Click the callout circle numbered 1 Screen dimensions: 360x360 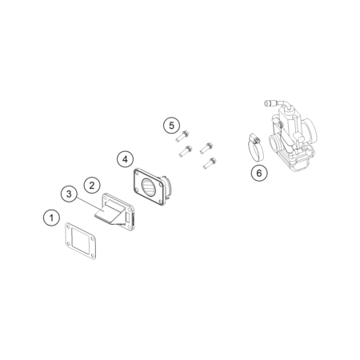pyautogui.click(x=51, y=218)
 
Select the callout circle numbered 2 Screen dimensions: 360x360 pyautogui.click(x=92, y=185)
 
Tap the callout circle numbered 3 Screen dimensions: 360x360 pyautogui.click(x=69, y=194)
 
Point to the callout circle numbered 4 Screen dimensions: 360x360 pyautogui.click(x=125, y=159)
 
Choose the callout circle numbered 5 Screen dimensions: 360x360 pyautogui.click(x=171, y=125)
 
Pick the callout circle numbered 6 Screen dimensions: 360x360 pyautogui.click(x=259, y=173)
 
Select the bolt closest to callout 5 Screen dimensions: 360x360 pyautogui.click(x=182, y=136)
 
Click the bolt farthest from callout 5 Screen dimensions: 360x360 pyautogui.click(x=210, y=163)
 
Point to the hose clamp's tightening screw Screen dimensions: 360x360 pyautogui.click(x=254, y=138)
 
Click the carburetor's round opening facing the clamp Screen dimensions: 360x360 pyautogui.click(x=274, y=142)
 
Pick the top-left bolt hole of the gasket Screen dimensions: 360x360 pyautogui.click(x=68, y=227)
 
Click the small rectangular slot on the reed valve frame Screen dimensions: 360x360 pyautogui.click(x=128, y=218)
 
